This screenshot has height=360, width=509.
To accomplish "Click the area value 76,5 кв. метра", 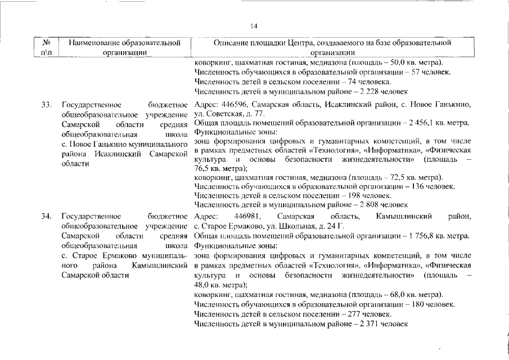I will click(x=218, y=168).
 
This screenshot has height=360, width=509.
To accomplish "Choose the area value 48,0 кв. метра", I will click(x=218, y=285).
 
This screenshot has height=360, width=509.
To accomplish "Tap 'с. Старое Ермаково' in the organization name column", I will click(x=94, y=256).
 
